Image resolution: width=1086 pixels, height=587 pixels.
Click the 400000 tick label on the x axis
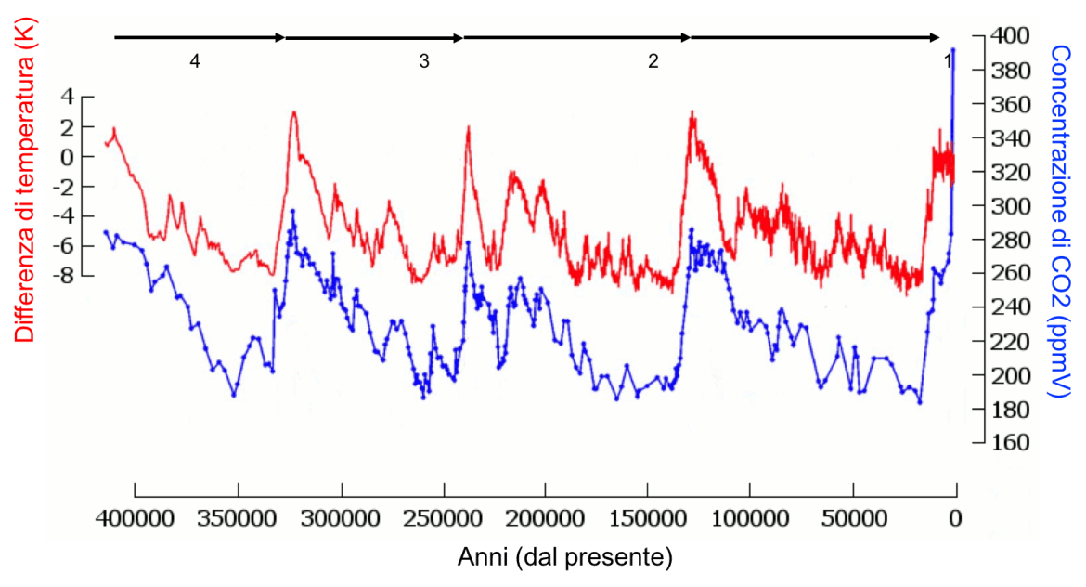136,517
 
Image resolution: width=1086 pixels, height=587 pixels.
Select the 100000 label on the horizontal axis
750,517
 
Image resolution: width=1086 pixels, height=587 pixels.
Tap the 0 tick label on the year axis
955,517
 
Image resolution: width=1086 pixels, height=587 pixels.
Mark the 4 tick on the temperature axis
67,96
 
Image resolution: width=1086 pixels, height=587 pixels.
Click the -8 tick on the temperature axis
64,276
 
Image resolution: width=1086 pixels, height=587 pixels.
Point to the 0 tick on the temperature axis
67,156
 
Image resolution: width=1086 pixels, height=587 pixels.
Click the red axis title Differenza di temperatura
23,184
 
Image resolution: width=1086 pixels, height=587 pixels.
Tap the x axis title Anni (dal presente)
564,558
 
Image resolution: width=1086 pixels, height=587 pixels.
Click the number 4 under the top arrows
194,62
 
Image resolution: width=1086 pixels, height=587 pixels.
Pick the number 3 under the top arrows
424,62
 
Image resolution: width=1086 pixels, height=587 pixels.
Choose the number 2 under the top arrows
653,62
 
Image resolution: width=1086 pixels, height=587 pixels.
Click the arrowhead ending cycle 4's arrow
279,37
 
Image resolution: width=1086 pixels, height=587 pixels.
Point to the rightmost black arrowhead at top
936,37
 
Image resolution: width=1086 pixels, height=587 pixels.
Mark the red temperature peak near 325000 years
294,112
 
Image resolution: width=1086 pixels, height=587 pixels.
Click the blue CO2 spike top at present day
953,49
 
